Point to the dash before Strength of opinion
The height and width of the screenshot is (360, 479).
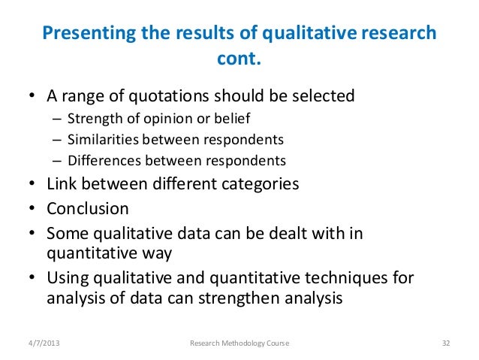57,118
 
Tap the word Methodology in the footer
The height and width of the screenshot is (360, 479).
239,343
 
